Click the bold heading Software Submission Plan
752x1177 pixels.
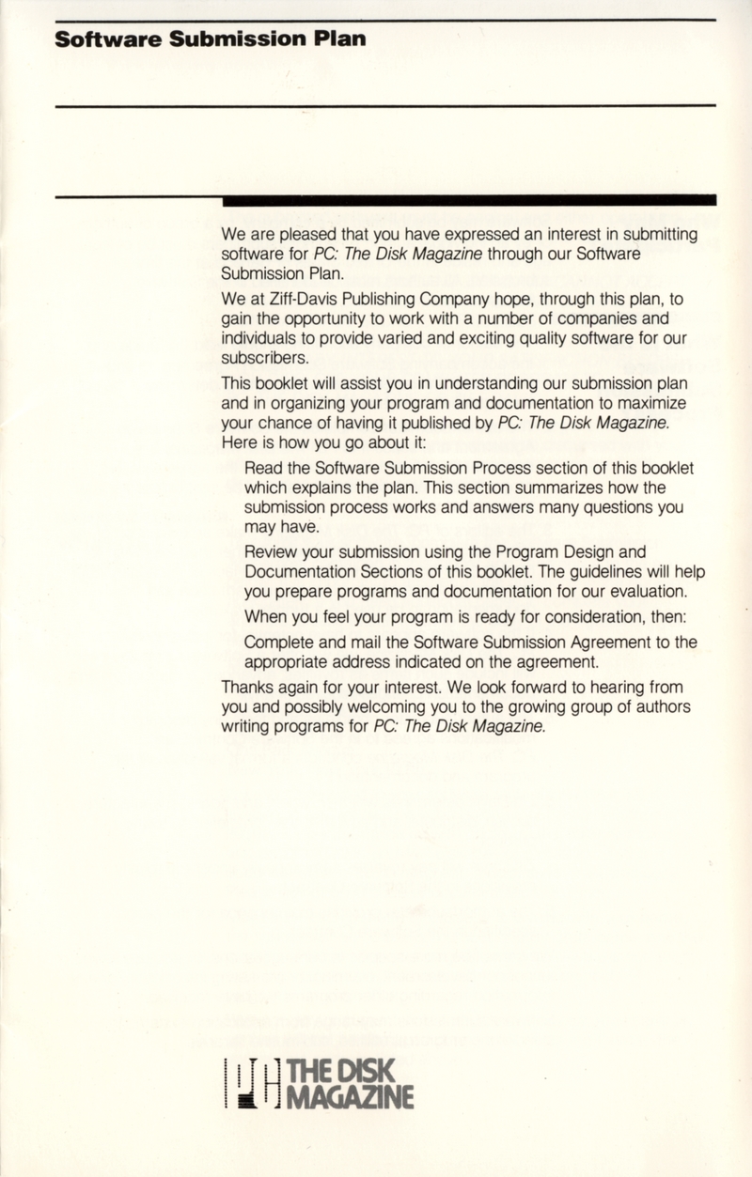tap(210, 39)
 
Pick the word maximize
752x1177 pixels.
tap(653, 402)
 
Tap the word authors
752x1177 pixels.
tap(659, 707)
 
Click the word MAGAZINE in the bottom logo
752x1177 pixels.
tap(351, 1095)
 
